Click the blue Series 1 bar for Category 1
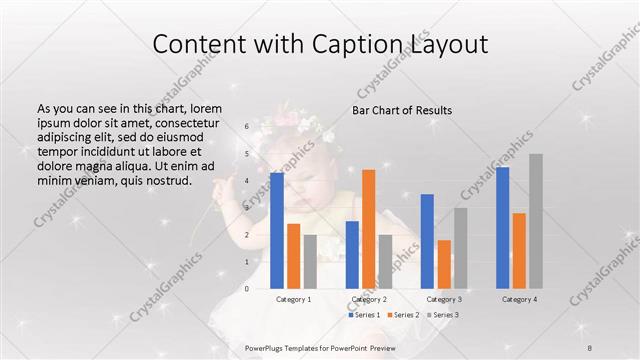point(277,230)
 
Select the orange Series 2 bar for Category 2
point(369,229)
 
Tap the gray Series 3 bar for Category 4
point(536,221)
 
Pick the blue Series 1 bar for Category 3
point(427,241)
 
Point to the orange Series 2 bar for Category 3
point(444,264)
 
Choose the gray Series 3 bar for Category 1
point(310,261)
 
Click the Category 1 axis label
point(294,299)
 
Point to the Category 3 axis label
point(444,299)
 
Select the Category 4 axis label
point(519,299)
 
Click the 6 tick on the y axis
point(246,127)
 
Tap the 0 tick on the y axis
point(246,288)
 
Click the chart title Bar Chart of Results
point(402,110)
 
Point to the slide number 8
point(590,347)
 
